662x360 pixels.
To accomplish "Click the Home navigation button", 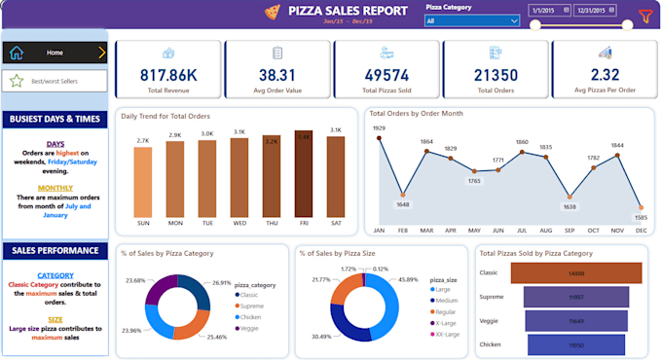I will [x=55, y=54].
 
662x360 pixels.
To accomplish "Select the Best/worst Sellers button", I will [x=55, y=81].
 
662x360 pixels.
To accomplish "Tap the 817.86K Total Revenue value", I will [x=168, y=74].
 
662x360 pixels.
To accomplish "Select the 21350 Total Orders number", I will [x=496, y=74].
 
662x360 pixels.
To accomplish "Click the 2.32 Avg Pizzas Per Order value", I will [x=605, y=74].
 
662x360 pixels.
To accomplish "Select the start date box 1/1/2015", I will [x=548, y=11].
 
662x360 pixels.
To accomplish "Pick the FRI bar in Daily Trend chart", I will [x=304, y=173].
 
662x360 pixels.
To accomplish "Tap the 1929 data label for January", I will [x=379, y=128].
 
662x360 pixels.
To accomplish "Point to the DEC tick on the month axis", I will [x=641, y=230].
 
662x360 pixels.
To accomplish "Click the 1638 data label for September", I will [x=570, y=206].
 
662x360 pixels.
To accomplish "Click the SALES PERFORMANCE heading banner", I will [x=55, y=250].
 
